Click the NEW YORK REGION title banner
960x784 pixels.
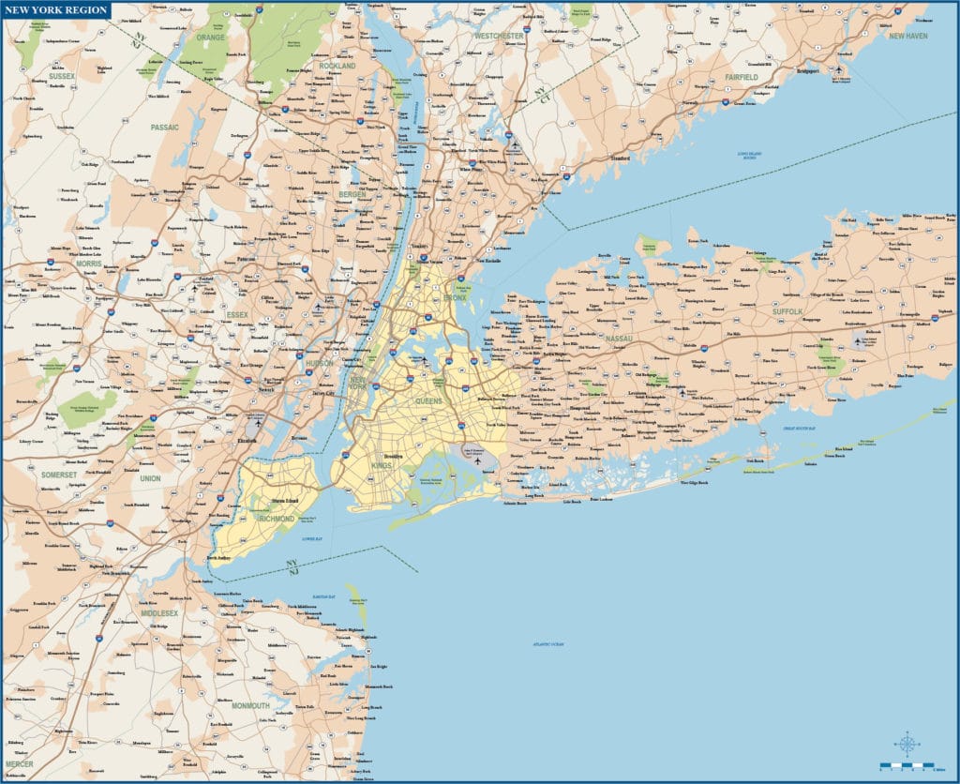coord(56,10)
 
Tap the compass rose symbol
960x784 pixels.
coord(907,745)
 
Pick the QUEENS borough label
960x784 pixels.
coord(429,401)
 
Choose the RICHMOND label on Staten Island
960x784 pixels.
coord(277,518)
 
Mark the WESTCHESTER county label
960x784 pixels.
coord(499,36)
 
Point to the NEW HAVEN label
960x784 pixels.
coord(907,36)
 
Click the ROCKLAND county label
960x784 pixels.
coord(337,67)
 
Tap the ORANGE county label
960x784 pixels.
coord(212,38)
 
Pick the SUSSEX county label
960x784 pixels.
coord(62,76)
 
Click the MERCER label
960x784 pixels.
coord(19,763)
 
